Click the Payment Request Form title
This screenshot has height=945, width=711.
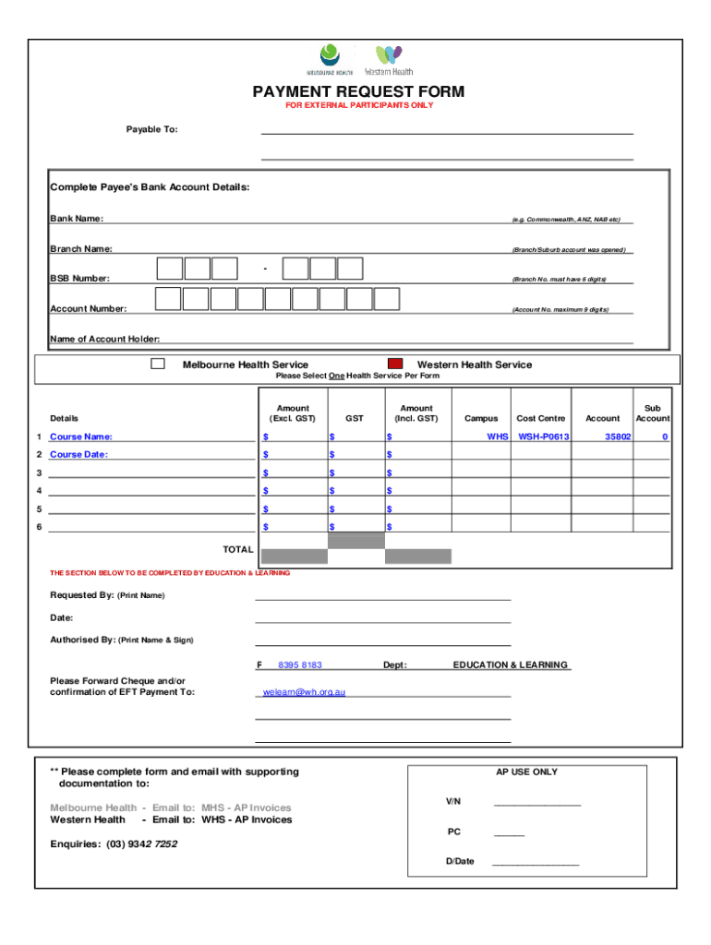(359, 91)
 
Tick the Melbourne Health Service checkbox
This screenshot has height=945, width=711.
(158, 364)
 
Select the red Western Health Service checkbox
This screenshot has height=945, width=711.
(395, 365)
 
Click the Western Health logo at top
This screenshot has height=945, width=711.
(389, 60)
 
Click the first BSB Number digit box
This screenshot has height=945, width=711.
(170, 268)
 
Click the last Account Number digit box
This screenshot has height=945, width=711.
(386, 298)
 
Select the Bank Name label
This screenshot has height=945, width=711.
(77, 219)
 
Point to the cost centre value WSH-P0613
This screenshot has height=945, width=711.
(543, 437)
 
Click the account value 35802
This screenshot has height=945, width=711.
(618, 437)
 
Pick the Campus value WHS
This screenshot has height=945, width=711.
(498, 437)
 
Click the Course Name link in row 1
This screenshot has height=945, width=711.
(81, 437)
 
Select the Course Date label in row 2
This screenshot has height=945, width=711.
(78, 454)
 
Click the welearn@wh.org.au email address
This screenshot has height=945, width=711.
(304, 691)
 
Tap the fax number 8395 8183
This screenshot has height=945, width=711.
(299, 664)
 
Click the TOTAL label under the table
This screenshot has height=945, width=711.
(237, 549)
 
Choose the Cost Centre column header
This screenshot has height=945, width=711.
(540, 418)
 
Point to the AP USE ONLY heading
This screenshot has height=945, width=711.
(526, 772)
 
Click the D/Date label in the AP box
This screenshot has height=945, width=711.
(460, 861)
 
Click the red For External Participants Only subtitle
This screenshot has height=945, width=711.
(359, 105)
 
